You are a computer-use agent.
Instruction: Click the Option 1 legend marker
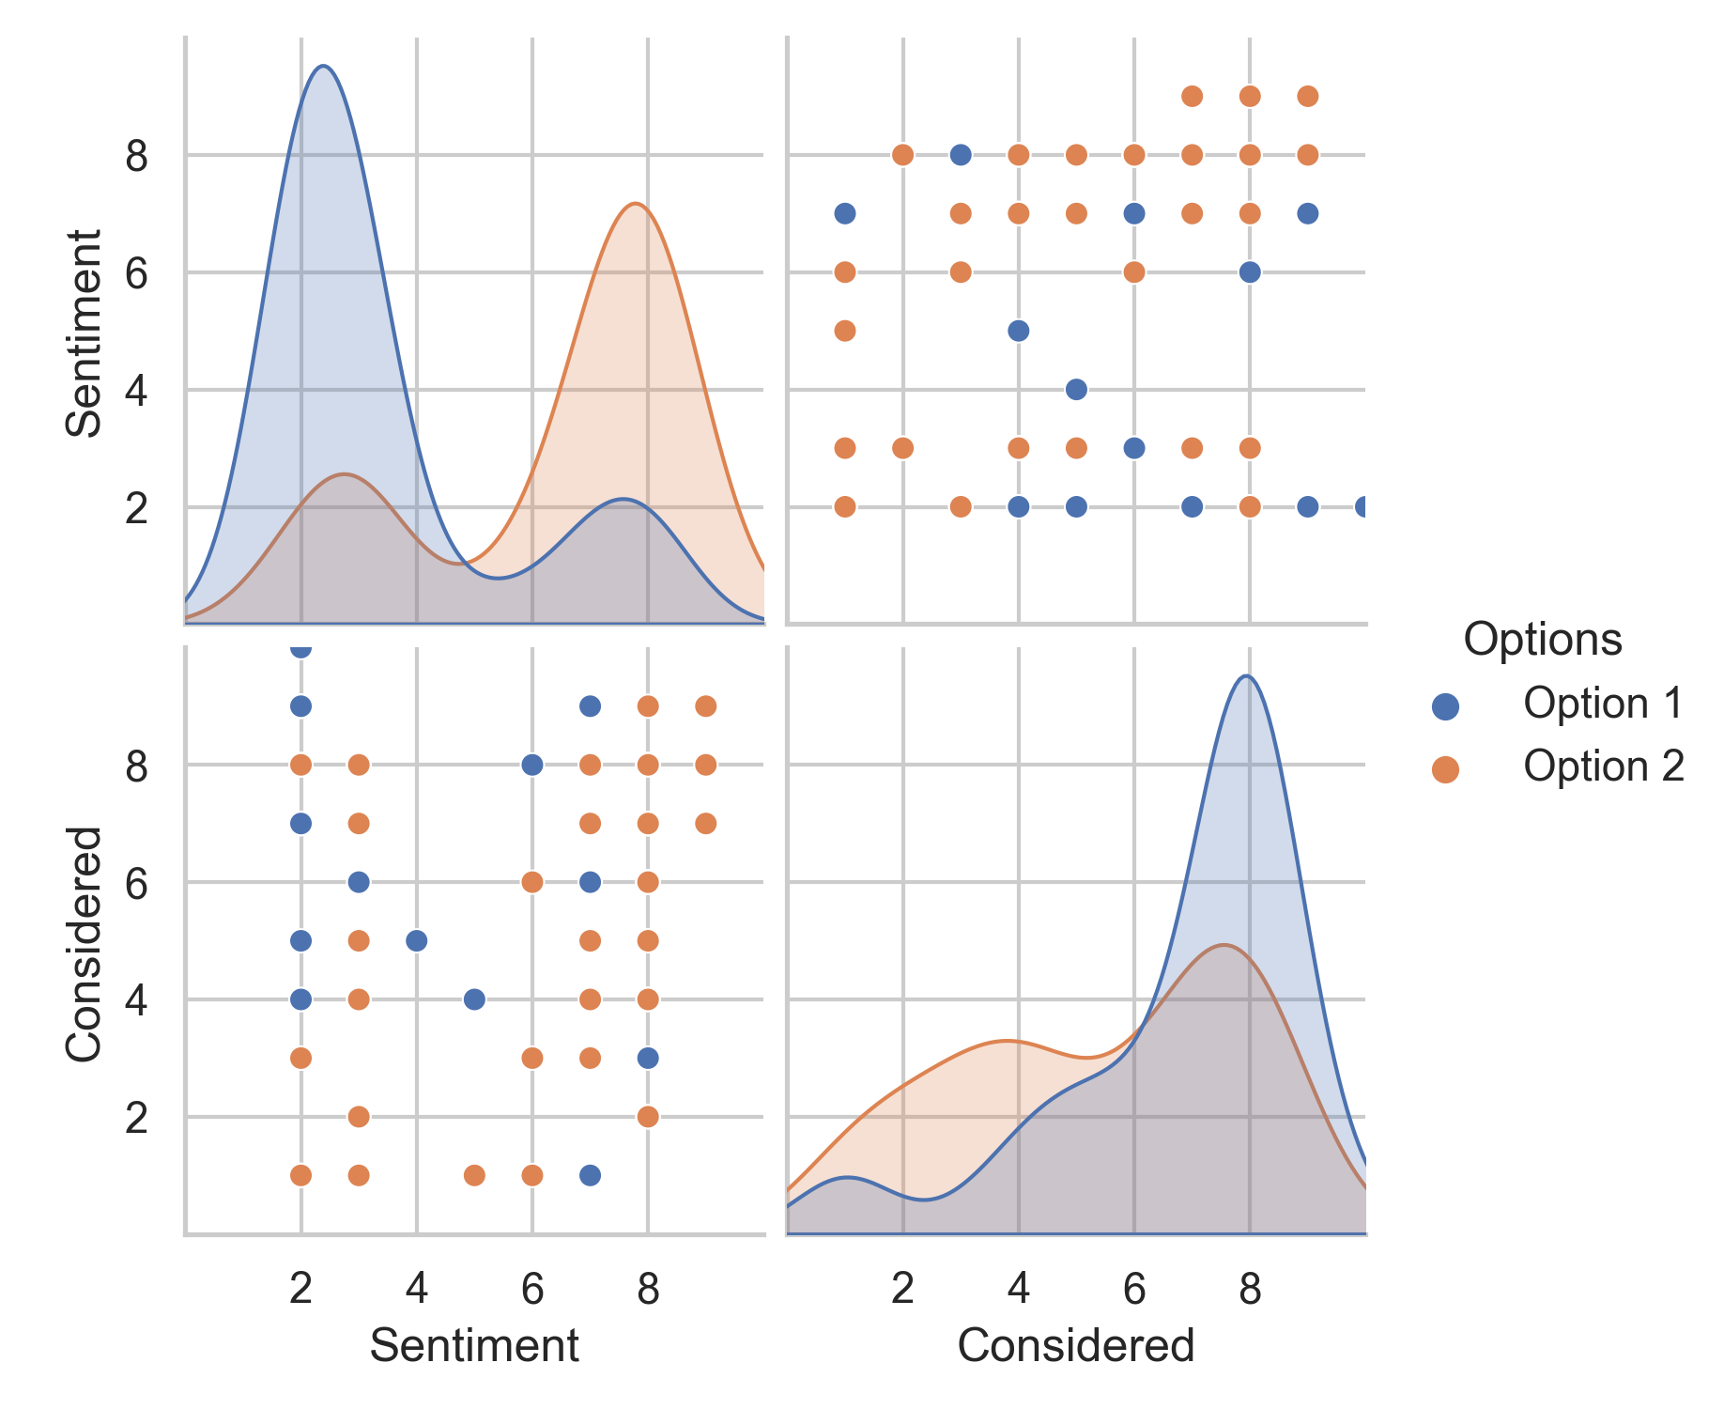[x=1445, y=706]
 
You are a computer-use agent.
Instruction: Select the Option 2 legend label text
[x=1604, y=766]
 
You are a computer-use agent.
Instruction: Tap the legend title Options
[x=1543, y=640]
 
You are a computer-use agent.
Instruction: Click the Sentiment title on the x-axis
[x=474, y=1345]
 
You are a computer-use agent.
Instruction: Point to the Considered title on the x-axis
[x=1075, y=1345]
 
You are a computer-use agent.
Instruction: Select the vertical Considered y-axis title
[x=84, y=944]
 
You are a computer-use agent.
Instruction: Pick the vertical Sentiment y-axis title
[x=84, y=333]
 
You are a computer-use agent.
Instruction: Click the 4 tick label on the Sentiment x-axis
[x=417, y=1289]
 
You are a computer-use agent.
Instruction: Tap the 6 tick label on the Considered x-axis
[x=1133, y=1289]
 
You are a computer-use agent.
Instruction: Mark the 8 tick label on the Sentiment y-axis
[x=137, y=156]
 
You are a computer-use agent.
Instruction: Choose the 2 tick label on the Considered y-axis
[x=137, y=1118]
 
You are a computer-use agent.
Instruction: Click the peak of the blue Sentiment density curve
[x=323, y=66]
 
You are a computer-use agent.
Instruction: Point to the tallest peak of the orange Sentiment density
[x=636, y=204]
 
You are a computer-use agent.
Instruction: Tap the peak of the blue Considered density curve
[x=1246, y=676]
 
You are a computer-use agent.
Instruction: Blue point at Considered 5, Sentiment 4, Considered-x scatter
[x=1076, y=389]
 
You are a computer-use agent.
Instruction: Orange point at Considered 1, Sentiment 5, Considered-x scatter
[x=845, y=331]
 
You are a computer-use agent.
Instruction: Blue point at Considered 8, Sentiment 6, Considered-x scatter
[x=1250, y=272]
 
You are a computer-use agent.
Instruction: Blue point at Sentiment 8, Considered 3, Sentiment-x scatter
[x=648, y=1058]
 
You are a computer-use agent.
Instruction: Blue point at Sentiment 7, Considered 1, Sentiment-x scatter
[x=590, y=1175]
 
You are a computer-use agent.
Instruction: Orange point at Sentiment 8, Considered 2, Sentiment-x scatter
[x=648, y=1116]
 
